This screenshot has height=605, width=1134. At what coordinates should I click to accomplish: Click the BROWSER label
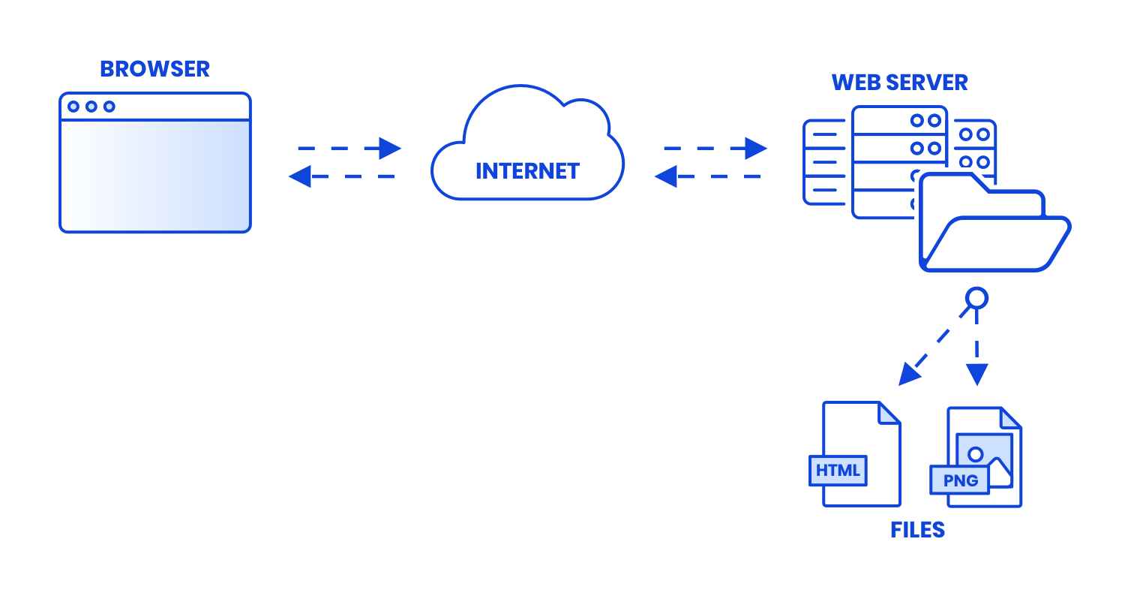click(154, 69)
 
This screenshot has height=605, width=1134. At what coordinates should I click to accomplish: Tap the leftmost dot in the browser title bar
click(73, 107)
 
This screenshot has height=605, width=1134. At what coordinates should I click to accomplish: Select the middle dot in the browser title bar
click(91, 107)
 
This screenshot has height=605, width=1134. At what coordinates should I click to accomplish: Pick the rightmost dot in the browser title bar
click(109, 107)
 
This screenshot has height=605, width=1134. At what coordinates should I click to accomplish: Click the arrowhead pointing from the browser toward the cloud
click(390, 148)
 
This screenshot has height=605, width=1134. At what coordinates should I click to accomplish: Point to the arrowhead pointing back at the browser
click(299, 176)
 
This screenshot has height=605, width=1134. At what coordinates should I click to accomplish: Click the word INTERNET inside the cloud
click(527, 170)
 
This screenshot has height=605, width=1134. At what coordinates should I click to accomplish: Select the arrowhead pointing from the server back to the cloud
click(665, 176)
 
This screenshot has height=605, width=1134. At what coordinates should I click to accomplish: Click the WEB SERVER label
click(899, 83)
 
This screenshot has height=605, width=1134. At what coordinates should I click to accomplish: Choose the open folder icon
click(993, 225)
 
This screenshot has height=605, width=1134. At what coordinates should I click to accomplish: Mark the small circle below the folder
click(976, 298)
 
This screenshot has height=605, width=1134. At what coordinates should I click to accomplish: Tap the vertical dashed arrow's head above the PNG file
click(976, 373)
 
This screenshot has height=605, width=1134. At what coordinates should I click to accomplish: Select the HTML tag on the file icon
click(838, 471)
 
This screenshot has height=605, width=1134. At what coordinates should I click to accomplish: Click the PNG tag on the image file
click(960, 480)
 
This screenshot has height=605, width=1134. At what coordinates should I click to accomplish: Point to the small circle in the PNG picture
click(975, 454)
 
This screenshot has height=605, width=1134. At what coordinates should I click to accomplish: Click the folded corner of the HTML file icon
click(889, 413)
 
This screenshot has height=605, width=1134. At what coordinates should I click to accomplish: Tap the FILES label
click(916, 530)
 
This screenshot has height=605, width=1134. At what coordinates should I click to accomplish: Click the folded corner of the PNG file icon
click(1010, 418)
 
